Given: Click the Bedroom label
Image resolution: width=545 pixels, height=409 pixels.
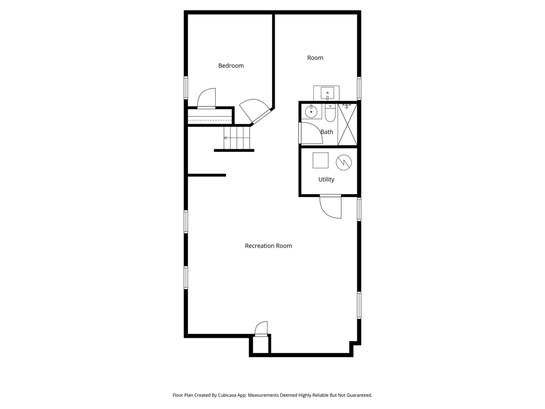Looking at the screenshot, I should point(231,66).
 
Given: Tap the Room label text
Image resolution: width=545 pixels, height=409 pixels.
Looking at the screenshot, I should point(315,58).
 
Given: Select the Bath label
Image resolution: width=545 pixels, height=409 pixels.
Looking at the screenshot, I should point(327,132).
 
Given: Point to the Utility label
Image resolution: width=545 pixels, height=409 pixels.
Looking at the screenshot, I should point(326,180).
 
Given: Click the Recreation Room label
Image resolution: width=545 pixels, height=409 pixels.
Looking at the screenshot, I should point(268,246).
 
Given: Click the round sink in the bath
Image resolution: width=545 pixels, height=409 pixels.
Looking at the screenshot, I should point(311,112).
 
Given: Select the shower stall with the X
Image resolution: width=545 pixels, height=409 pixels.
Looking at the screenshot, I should point(347,125).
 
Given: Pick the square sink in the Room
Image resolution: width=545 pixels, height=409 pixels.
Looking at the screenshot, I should point(327,93).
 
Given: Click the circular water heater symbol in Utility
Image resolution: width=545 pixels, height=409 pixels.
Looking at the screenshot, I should point(344,162).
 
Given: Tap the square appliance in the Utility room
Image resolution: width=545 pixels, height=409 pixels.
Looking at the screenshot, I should point(320,160).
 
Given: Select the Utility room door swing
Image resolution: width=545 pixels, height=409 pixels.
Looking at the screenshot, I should point(330,207).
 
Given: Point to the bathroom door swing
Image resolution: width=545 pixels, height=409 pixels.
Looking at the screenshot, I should point(311,133).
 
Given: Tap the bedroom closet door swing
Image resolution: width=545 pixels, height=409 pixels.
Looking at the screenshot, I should point(207,99).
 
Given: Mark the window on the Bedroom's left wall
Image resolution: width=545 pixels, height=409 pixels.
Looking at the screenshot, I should point(186,88).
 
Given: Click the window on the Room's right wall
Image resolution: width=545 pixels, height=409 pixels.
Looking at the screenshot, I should point(359,88).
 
